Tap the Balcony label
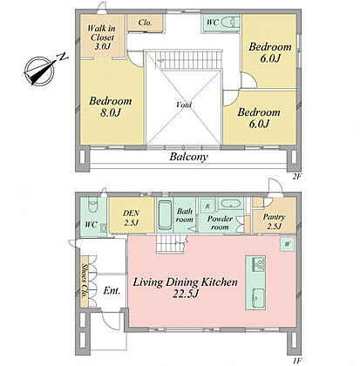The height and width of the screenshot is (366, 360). point(189,157)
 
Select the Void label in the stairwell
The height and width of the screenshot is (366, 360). point(184,105)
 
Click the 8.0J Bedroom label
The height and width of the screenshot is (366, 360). point(111,106)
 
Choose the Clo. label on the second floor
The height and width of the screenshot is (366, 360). point(145,23)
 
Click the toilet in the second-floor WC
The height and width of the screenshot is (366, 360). point(230,22)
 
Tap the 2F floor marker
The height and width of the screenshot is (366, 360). point(296,176)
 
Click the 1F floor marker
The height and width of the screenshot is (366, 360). point(296,361)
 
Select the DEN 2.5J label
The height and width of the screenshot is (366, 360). point(131,218)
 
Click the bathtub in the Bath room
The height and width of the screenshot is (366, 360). point(165,216)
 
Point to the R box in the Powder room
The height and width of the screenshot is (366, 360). point(207,207)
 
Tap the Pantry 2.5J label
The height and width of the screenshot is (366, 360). point(274,221)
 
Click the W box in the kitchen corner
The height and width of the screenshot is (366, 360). point(287,244)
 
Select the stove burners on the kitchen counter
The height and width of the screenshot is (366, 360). point(258,264)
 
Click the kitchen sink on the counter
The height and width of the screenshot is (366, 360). point(257,298)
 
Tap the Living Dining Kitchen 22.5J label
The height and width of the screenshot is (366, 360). point(185,288)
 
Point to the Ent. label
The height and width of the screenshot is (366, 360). point(112,290)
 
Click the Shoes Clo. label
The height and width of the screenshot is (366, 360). point(85,281)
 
